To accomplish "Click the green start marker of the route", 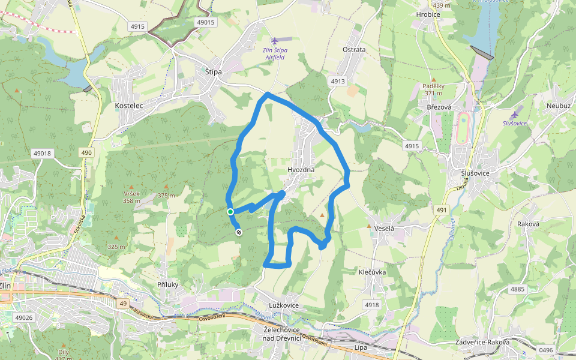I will pos(230,211).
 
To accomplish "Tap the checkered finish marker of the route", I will pos(239,232).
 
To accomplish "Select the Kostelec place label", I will pos(128,106).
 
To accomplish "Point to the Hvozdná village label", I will pos(301,170).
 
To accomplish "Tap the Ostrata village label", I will pos(353,49).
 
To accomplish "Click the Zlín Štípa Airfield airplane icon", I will pos(275,41).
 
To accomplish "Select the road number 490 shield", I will pos(87,153).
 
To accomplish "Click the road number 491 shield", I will pos(442,209).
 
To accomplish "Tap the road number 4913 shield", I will pos(338,81).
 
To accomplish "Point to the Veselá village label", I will pos(384,229).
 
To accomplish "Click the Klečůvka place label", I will pos(373,272).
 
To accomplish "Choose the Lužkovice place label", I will pos(284,305).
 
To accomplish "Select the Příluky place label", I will pos(169,284).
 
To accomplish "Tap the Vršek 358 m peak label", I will pos(132,197).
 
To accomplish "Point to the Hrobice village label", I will pos(428,14).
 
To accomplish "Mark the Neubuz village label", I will pos(558,105).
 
